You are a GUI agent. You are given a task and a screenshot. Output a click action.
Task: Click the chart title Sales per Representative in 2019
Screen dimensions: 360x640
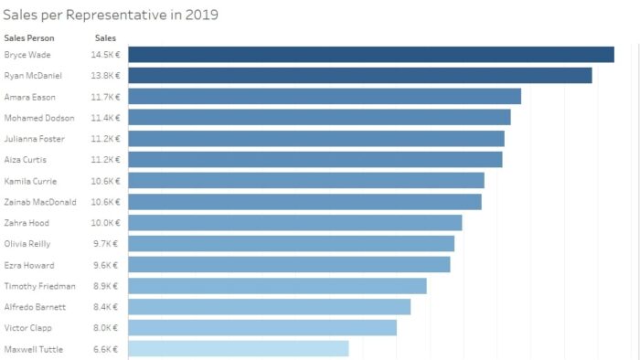pos(110,15)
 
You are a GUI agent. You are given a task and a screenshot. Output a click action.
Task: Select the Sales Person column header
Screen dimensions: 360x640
pos(29,38)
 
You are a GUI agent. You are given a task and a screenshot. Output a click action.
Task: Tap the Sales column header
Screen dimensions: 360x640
pos(105,38)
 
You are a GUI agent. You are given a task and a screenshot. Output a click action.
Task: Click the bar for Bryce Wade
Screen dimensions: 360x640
pos(370,55)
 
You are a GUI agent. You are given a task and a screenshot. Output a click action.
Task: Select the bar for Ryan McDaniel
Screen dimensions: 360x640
pos(359,76)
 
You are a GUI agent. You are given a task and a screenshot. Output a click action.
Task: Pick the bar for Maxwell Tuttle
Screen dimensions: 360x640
pos(238,349)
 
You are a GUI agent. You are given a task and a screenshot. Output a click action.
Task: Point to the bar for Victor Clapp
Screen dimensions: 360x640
pos(261,328)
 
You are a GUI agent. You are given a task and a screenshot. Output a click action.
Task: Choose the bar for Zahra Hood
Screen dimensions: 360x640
pos(294,223)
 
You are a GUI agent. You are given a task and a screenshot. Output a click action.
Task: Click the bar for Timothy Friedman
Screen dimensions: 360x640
pos(277,286)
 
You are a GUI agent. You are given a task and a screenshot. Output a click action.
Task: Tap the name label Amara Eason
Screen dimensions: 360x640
pos(29,97)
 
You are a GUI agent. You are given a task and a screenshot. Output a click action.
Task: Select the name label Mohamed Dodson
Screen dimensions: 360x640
pos(39,118)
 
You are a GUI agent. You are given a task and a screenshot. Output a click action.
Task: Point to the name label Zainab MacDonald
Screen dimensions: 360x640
pos(40,202)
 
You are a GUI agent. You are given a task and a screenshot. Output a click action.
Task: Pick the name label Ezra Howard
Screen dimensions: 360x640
pos(28,265)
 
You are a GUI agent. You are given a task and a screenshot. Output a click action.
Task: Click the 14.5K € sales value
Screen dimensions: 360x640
pos(105,55)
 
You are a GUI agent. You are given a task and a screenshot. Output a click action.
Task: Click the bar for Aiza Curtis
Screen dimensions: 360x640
pos(315,160)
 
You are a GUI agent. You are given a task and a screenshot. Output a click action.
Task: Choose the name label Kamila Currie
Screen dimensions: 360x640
pos(30,181)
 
